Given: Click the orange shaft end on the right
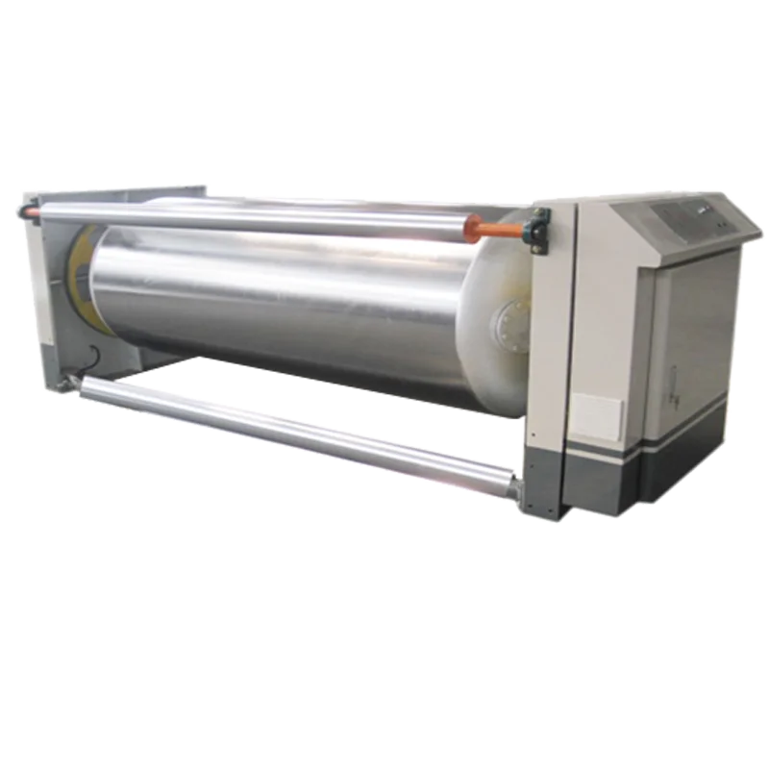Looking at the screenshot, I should (494, 228).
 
